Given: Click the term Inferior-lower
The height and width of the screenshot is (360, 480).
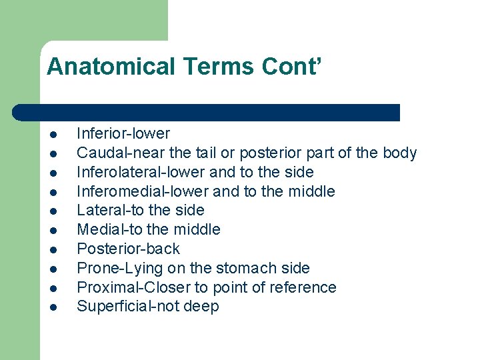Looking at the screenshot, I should (x=123, y=134).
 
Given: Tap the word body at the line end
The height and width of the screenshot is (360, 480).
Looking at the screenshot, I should (x=400, y=153).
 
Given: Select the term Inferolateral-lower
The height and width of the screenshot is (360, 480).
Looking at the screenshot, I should (x=141, y=173).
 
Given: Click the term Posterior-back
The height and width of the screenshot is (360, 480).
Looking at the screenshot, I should (x=128, y=249).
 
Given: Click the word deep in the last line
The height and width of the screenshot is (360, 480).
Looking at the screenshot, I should (x=203, y=307).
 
